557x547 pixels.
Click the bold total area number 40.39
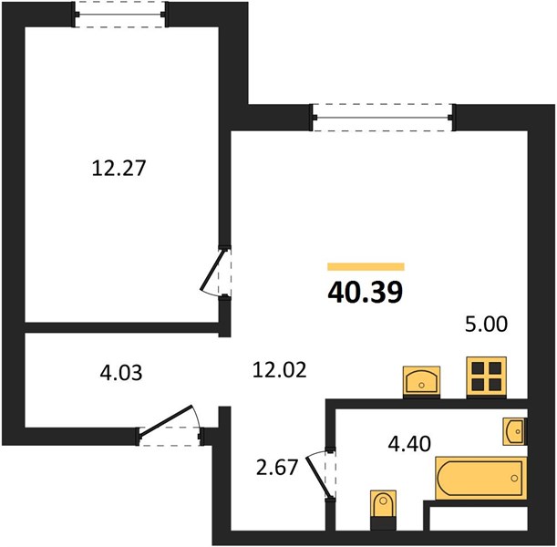[x=366, y=292]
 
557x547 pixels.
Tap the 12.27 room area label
[x=119, y=168]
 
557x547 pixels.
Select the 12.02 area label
[x=279, y=370]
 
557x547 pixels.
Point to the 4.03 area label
[x=121, y=373]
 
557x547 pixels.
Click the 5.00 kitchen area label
[x=486, y=325]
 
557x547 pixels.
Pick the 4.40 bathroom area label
[x=409, y=444]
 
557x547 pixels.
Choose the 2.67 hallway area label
[x=277, y=467]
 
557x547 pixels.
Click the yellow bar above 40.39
[x=366, y=266]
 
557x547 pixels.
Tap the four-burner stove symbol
[x=486, y=377]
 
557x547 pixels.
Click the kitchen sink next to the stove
[x=421, y=382]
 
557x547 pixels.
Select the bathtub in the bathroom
[x=481, y=478]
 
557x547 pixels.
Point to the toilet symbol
[x=383, y=510]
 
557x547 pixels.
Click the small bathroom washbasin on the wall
[x=515, y=431]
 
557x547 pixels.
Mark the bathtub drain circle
[x=514, y=478]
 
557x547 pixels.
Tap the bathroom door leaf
[x=319, y=475]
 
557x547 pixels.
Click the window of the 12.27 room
[x=119, y=15]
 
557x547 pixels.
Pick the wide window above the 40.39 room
[x=383, y=118]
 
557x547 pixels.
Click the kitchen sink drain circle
[x=421, y=385]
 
